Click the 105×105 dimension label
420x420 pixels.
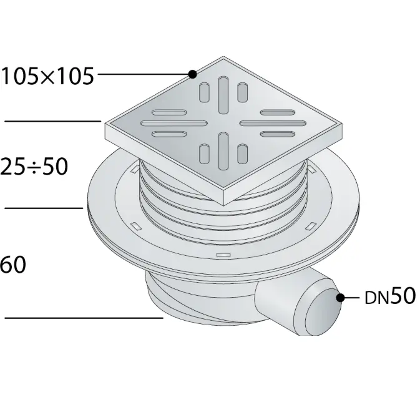pyautogui.click(x=47, y=76)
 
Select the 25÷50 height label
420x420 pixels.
pyautogui.click(x=35, y=167)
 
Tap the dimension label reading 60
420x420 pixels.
pyautogui.click(x=13, y=265)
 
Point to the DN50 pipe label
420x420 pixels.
pyautogui.click(x=390, y=297)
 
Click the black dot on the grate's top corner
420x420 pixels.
pyautogui.click(x=193, y=74)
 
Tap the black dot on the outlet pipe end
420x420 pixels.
pyautogui.click(x=341, y=297)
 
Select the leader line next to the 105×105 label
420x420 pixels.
pyautogui.click(x=144, y=74)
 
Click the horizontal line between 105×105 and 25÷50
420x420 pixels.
pyautogui.click(x=53, y=120)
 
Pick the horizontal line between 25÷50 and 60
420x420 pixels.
pyautogui.click(x=44, y=207)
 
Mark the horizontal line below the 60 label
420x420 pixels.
pyautogui.click(x=84, y=318)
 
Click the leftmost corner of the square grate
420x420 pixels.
pyautogui.click(x=107, y=125)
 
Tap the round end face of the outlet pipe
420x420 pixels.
pyautogui.click(x=321, y=311)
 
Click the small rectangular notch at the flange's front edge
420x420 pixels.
pyautogui.click(x=223, y=256)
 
